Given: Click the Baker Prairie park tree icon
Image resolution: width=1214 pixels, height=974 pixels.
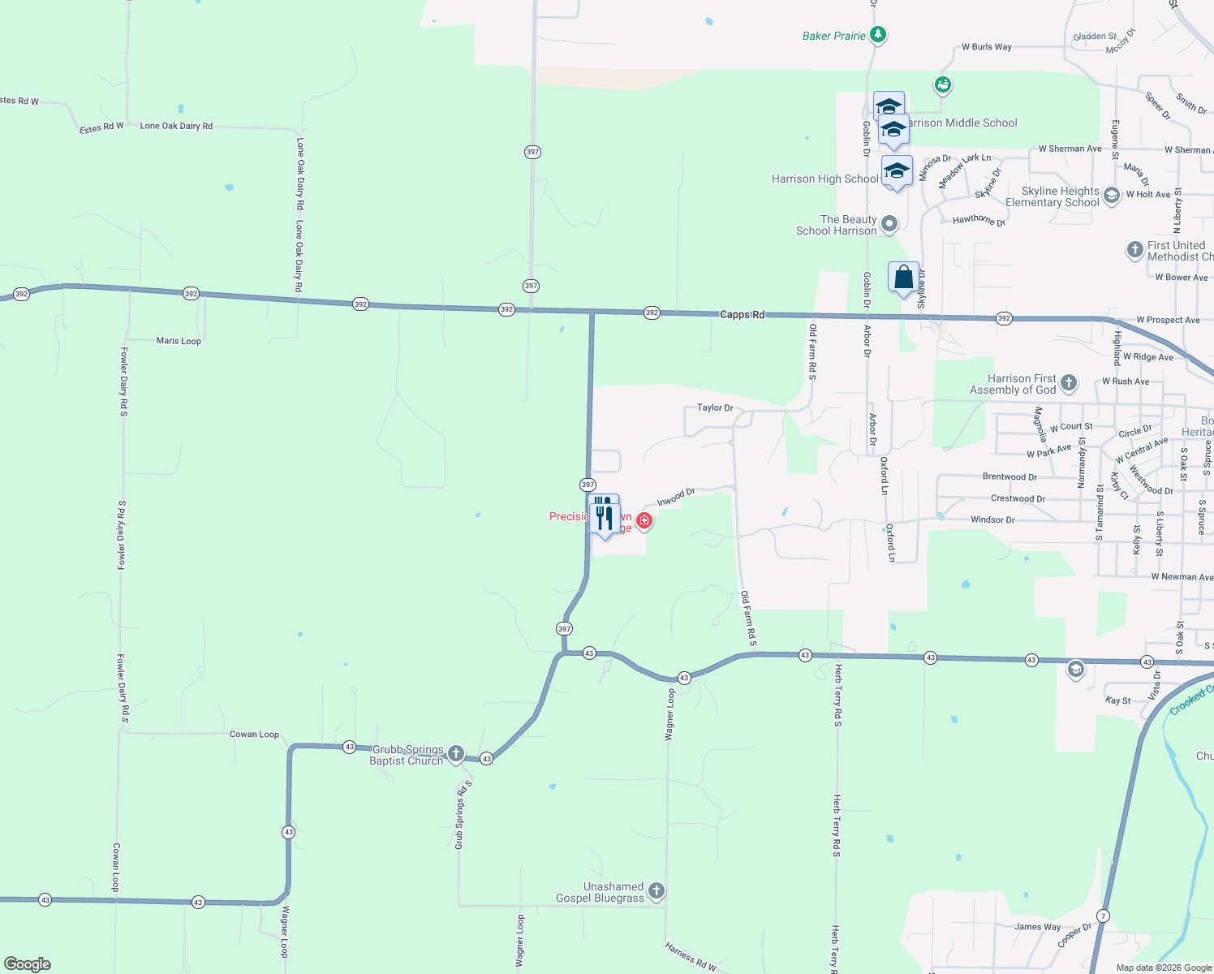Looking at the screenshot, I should tap(877, 35).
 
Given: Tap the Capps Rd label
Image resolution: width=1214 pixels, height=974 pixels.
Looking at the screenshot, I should tap(742, 314).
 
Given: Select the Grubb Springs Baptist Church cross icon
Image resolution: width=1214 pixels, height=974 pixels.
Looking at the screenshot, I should tap(456, 754).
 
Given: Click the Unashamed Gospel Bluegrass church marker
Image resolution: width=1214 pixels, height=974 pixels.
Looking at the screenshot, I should tap(657, 891).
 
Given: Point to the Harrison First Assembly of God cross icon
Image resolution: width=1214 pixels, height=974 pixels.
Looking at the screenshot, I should tap(1069, 383).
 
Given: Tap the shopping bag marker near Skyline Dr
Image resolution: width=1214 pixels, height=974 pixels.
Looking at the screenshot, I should tap(903, 278).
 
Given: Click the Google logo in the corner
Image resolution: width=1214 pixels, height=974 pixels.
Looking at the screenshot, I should tap(28, 964).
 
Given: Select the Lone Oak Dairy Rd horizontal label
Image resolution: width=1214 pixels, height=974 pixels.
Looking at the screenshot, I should tap(176, 126).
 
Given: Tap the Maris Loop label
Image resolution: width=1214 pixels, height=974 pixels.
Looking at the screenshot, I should tap(179, 341).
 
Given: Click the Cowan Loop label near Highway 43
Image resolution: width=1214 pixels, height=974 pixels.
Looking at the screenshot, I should tap(254, 735).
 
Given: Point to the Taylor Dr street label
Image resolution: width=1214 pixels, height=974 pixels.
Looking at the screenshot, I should tap(715, 407).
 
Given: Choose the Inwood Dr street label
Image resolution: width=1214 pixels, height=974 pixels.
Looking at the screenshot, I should tap(676, 497).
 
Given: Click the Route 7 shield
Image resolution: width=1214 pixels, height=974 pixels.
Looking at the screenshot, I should tap(1102, 916).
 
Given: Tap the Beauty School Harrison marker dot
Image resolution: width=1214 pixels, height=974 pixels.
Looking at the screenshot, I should tap(889, 224).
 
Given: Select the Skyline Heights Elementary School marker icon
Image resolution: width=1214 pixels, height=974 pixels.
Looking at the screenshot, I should tap(1112, 195).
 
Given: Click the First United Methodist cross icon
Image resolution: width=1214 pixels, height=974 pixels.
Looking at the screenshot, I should tap(1135, 250).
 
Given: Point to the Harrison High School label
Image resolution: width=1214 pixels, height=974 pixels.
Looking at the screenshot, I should tap(824, 179).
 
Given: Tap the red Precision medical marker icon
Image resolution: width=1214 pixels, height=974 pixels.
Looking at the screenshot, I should tap(644, 520).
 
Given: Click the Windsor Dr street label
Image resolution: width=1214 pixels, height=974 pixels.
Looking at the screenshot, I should tap(992, 519).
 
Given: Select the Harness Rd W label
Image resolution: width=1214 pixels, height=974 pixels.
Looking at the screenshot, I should tap(690, 957).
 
